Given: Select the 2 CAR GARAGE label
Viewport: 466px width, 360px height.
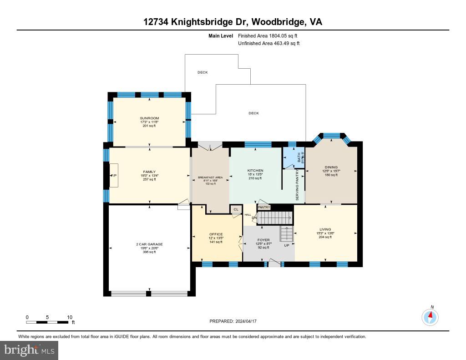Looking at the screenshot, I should (149, 244).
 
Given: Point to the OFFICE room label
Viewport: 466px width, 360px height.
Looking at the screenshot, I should (216, 234).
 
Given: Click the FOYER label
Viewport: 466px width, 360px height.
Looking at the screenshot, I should (263, 240).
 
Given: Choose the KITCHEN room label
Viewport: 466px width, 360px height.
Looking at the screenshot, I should (256, 171).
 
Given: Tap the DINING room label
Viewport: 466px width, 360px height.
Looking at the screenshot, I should (331, 167).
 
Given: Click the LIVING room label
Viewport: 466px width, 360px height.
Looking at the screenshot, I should (325, 229).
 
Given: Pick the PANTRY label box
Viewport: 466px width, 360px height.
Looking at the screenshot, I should (264, 208).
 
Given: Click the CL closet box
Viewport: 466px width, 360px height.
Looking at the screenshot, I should (236, 209).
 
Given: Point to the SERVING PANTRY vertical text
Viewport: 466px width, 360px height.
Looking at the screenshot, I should (298, 186).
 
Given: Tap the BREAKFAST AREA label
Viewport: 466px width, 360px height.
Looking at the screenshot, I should (210, 177).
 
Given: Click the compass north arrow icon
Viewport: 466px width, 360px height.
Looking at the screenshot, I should (430, 316).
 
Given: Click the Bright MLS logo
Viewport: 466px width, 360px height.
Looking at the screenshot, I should (29, 350).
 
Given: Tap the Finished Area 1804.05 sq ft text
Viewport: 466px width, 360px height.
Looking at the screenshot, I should (268, 35).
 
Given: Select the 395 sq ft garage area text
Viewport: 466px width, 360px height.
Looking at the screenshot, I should (149, 252).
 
